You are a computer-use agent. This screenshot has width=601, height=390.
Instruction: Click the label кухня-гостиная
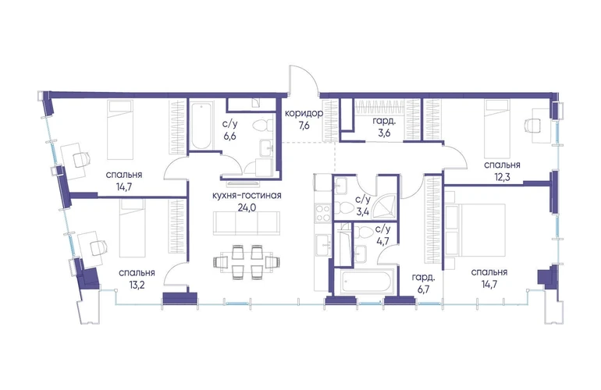(247, 196)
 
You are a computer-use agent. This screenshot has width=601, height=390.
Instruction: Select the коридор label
(304, 113)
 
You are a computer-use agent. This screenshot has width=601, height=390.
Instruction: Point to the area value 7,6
(304, 126)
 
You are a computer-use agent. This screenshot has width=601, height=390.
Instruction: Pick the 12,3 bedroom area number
(502, 177)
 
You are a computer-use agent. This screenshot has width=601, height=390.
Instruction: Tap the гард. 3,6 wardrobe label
(382, 128)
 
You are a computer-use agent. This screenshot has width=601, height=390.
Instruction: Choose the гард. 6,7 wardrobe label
(424, 283)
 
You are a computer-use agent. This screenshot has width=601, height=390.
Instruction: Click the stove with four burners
(322, 213)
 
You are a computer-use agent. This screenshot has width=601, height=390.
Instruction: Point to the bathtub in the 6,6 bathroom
(201, 126)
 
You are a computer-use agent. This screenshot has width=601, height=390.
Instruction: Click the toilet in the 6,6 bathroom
(262, 126)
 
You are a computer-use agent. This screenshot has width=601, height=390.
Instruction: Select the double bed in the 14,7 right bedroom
(476, 230)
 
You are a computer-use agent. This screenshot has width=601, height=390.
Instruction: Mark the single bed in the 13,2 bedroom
(133, 228)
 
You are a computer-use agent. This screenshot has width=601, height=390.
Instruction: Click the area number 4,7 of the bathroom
(382, 241)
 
